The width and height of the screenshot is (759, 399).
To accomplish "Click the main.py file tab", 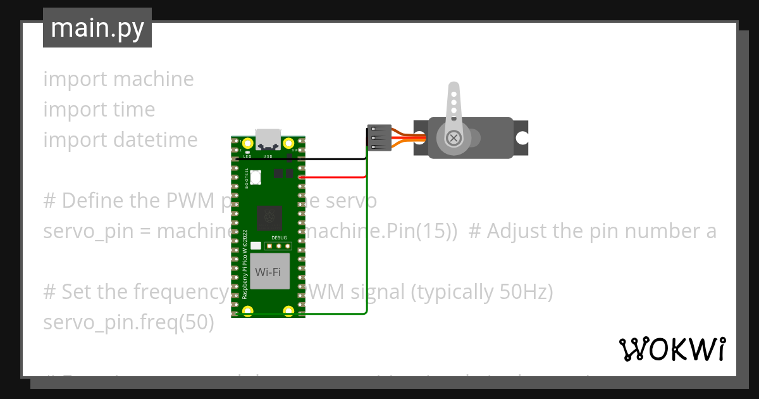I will click(97, 28).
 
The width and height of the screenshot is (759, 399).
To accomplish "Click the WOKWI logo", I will click(671, 349).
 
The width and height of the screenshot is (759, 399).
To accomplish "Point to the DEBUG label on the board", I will click(279, 237).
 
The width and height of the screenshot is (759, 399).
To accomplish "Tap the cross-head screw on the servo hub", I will click(454, 137).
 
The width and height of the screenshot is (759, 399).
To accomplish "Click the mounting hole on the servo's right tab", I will click(521, 137).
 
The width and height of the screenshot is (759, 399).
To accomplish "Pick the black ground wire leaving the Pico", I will click(329, 159).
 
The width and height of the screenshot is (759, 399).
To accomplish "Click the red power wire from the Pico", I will click(332, 178).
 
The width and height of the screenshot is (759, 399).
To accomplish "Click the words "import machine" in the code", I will click(118, 79).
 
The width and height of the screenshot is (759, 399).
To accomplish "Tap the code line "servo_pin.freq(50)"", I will click(128, 322).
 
